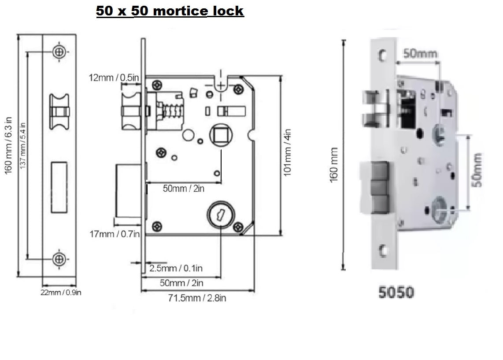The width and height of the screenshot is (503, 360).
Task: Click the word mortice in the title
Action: pos(180,11)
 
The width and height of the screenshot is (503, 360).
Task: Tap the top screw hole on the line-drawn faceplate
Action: pos(59,52)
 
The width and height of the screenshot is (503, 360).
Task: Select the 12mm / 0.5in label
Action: pos(115,78)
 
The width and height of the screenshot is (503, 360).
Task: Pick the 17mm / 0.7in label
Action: pos(114,234)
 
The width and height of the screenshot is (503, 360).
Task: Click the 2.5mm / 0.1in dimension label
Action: pos(176,268)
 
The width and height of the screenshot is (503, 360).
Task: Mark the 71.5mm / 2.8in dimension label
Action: pos(198,298)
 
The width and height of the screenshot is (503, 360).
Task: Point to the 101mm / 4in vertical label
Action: pos(288,152)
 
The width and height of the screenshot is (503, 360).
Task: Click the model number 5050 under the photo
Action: pos(396,292)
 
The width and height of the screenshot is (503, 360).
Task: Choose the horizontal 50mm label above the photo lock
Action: pos(421,54)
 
